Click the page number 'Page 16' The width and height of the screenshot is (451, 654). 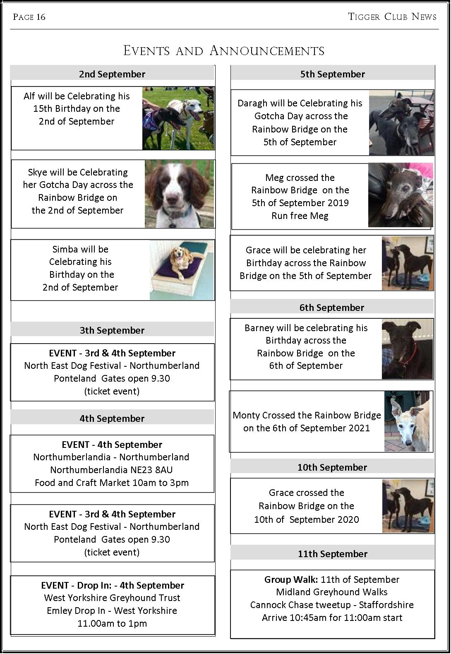[x=29, y=17]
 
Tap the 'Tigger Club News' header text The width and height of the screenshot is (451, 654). [x=392, y=17]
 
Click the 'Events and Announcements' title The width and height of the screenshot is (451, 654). [x=224, y=51]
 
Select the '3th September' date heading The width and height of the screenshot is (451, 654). [x=112, y=330]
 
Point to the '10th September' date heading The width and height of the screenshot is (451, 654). [x=332, y=467]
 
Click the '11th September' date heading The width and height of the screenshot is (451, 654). [x=332, y=554]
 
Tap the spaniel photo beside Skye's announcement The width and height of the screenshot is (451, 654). [x=180, y=194]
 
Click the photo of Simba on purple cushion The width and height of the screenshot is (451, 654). [x=182, y=270]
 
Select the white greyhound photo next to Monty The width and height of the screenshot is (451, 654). [x=407, y=421]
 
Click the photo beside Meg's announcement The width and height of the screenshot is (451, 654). [x=400, y=195]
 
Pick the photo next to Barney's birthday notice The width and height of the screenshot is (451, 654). [x=407, y=349]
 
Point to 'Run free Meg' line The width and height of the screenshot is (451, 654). [x=300, y=216]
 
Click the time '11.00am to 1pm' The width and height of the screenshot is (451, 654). [x=112, y=623]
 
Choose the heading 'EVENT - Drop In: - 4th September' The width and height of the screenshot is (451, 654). [x=113, y=585]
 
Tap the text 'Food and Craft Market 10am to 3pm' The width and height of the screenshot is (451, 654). [x=112, y=483]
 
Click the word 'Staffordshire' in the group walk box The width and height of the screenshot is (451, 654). [x=386, y=605]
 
